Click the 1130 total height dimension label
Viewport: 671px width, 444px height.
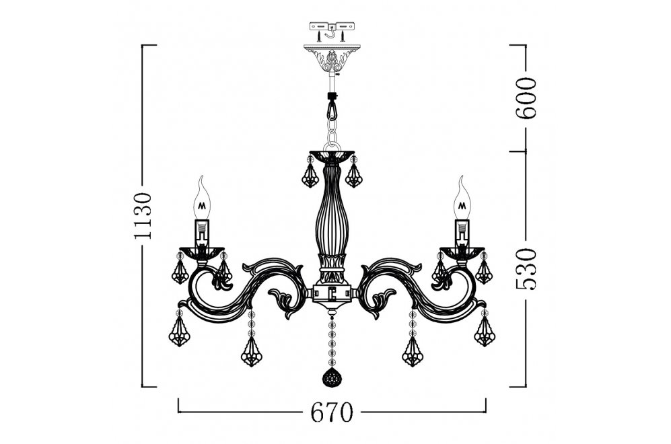click(143, 215)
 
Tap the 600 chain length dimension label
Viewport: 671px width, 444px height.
click(526, 98)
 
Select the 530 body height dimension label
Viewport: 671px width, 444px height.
click(526, 269)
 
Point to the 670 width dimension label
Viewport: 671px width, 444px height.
click(332, 412)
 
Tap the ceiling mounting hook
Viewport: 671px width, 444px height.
click(332, 32)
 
